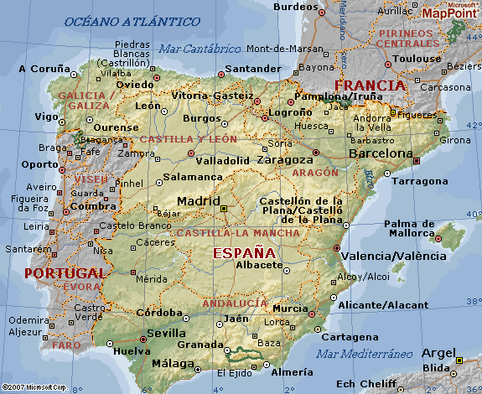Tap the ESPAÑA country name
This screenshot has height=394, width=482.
click(x=243, y=252)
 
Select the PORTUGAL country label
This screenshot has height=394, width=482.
click(x=65, y=273)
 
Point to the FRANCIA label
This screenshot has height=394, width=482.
click(x=370, y=86)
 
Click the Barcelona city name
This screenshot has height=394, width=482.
click(x=381, y=154)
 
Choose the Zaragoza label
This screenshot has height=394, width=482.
click(x=282, y=158)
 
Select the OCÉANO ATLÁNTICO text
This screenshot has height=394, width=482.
click(x=132, y=20)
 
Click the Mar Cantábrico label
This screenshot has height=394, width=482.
click(x=199, y=49)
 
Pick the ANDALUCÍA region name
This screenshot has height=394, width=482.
click(x=235, y=303)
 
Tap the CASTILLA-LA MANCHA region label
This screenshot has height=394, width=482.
click(x=238, y=232)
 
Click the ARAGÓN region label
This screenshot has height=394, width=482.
click(x=316, y=172)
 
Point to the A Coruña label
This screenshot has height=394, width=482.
click(x=44, y=68)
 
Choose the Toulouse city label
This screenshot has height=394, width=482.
click(x=417, y=60)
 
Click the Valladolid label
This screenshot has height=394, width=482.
click(x=222, y=160)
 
